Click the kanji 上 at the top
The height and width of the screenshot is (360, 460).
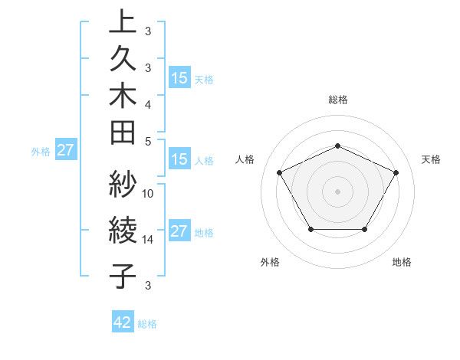[x=123, y=23]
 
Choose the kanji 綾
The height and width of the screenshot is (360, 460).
[x=123, y=231]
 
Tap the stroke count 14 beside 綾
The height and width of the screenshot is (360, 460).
[x=149, y=240]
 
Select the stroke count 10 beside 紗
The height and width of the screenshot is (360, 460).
[x=149, y=193]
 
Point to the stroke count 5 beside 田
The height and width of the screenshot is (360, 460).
[x=149, y=141]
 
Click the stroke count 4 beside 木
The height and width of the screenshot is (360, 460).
[x=149, y=103]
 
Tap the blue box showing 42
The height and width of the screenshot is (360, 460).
[x=123, y=322]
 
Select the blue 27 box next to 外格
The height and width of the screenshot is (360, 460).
[x=66, y=150]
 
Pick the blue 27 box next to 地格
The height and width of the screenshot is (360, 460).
[x=179, y=232]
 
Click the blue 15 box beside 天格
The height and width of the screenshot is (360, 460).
[x=179, y=77]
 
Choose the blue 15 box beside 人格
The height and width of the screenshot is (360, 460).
[x=179, y=160]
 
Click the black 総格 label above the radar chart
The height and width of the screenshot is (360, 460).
[x=338, y=100]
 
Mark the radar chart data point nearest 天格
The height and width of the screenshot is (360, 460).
[x=396, y=172]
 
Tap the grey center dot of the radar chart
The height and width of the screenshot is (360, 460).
[x=337, y=191]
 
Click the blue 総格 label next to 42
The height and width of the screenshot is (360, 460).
[x=148, y=324]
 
